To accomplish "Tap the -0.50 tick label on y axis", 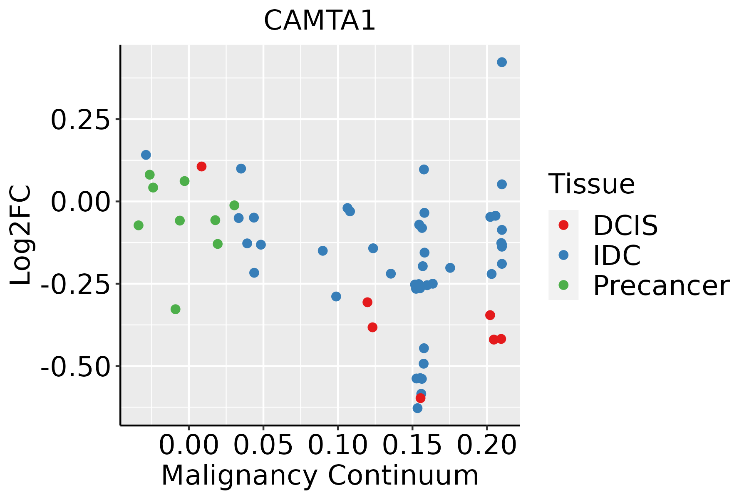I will [74, 367].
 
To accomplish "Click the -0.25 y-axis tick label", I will [74, 285].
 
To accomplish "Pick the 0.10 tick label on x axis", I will [337, 445].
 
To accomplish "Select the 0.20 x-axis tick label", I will [486, 445].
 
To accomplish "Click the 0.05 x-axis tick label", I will [263, 445].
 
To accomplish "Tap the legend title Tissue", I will [591, 184].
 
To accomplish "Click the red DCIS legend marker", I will [563, 225].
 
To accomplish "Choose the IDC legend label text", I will [617, 255].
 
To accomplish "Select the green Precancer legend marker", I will [563, 285].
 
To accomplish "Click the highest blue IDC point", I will [502, 62].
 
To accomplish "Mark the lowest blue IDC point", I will [417, 408].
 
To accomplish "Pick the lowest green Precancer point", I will [176, 309].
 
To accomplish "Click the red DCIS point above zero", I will [201, 167].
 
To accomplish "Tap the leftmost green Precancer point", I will [139, 225].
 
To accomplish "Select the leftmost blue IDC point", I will [146, 155].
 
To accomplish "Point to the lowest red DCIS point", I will [420, 398].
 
